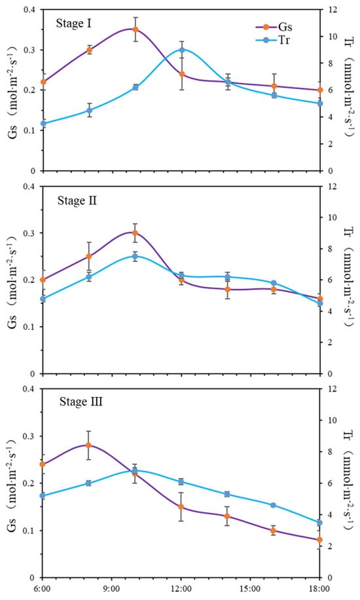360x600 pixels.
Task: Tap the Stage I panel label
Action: (x=73, y=24)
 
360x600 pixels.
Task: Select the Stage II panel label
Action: (x=77, y=200)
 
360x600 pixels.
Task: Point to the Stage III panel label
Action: (x=81, y=402)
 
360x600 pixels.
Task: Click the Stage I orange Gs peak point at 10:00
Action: (x=135, y=29)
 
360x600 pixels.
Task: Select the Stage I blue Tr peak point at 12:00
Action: (x=182, y=50)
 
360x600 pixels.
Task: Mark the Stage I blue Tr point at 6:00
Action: (x=43, y=124)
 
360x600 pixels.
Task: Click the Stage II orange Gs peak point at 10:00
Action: (x=135, y=233)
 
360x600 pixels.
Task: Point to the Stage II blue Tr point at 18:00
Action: (x=320, y=303)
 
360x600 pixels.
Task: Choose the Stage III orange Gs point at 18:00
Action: (x=319, y=540)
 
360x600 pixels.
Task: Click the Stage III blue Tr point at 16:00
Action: (x=273, y=505)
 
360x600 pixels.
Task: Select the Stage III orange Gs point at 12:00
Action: (x=181, y=507)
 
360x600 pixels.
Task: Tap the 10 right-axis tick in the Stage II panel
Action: (x=331, y=217)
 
